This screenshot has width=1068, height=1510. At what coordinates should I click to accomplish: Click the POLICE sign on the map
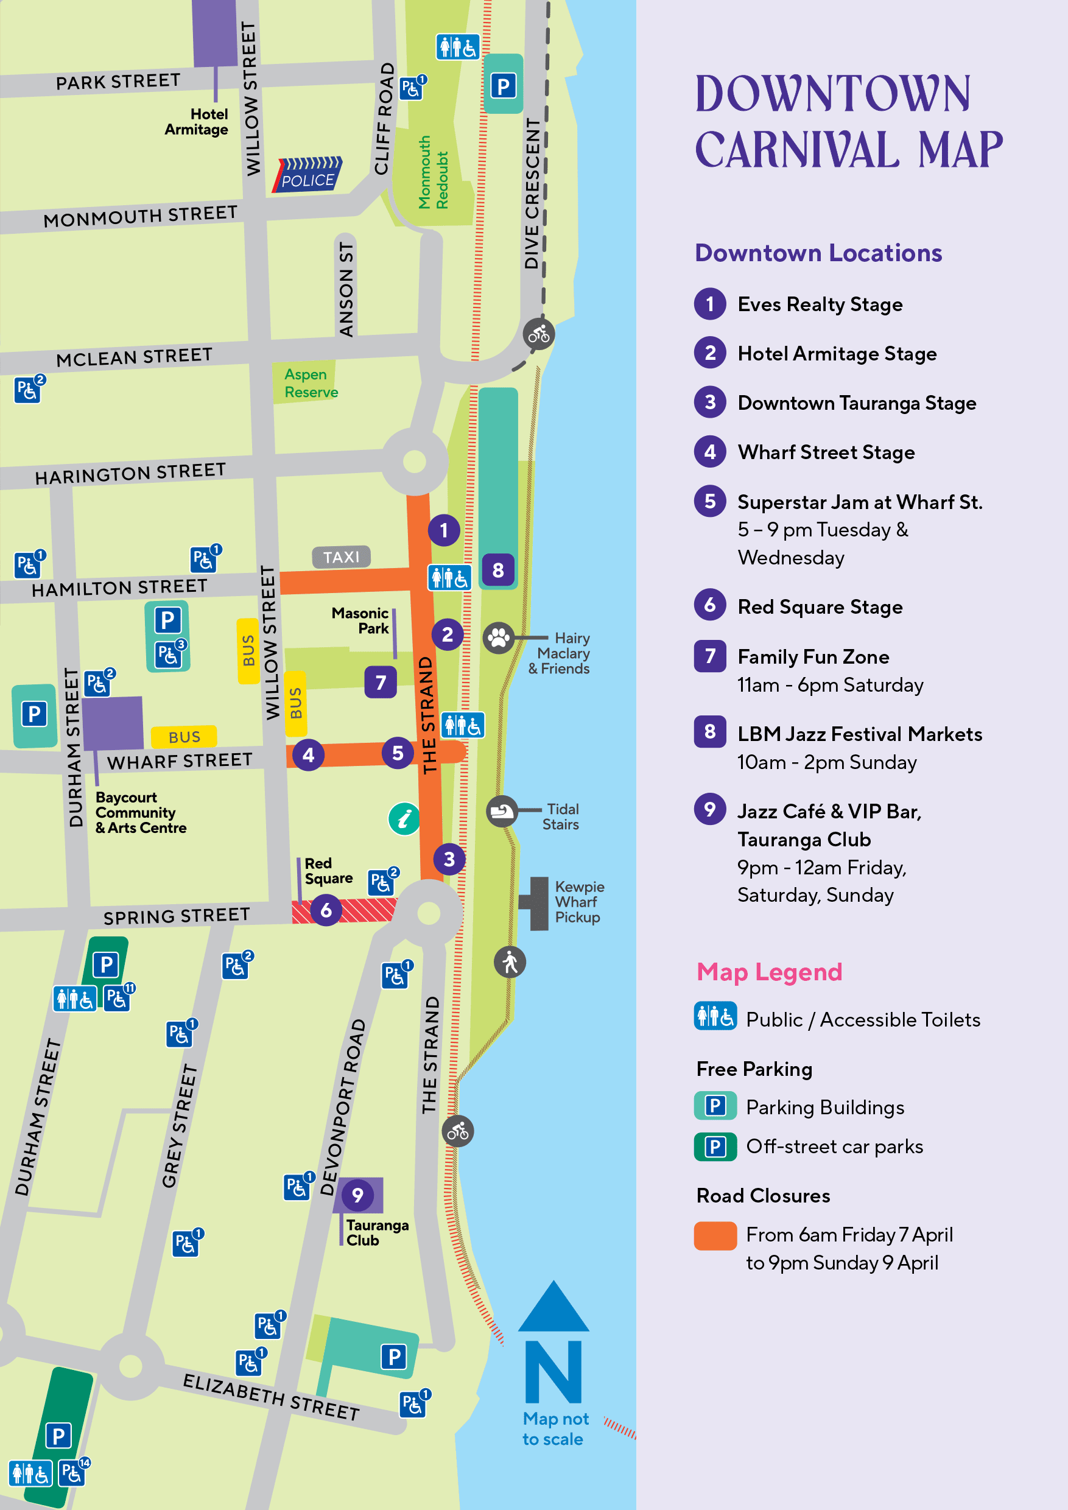pyautogui.click(x=307, y=175)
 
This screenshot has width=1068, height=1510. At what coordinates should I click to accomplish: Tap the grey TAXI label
pyautogui.click(x=342, y=557)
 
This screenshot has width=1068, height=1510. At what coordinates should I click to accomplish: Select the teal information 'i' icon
pyautogui.click(x=404, y=819)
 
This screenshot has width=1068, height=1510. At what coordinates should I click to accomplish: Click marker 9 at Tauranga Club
pyautogui.click(x=357, y=1195)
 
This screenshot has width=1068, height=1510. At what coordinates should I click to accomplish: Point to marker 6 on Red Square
pyautogui.click(x=326, y=910)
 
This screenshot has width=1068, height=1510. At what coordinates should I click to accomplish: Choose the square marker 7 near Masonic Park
pyautogui.click(x=381, y=682)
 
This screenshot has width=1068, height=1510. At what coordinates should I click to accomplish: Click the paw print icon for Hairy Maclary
pyautogui.click(x=499, y=637)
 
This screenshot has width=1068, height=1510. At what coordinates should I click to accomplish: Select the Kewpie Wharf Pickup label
pyautogui.click(x=578, y=902)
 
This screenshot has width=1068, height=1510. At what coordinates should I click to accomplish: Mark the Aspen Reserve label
pyautogui.click(x=311, y=383)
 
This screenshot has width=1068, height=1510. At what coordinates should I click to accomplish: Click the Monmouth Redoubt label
pyautogui.click(x=434, y=173)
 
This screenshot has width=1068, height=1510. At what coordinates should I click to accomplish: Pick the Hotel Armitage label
pyautogui.click(x=197, y=122)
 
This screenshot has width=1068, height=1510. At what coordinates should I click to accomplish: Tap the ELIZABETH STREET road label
pyautogui.click(x=271, y=1397)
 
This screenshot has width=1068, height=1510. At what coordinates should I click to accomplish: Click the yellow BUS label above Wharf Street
pyautogui.click(x=184, y=737)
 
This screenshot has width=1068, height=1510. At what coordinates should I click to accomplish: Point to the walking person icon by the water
pyautogui.click(x=510, y=962)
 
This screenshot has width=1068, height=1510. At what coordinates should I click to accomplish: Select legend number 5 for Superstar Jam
pyautogui.click(x=709, y=500)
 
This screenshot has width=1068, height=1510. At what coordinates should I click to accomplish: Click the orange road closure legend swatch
pyautogui.click(x=715, y=1235)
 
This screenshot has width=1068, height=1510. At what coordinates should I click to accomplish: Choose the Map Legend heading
pyautogui.click(x=769, y=971)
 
